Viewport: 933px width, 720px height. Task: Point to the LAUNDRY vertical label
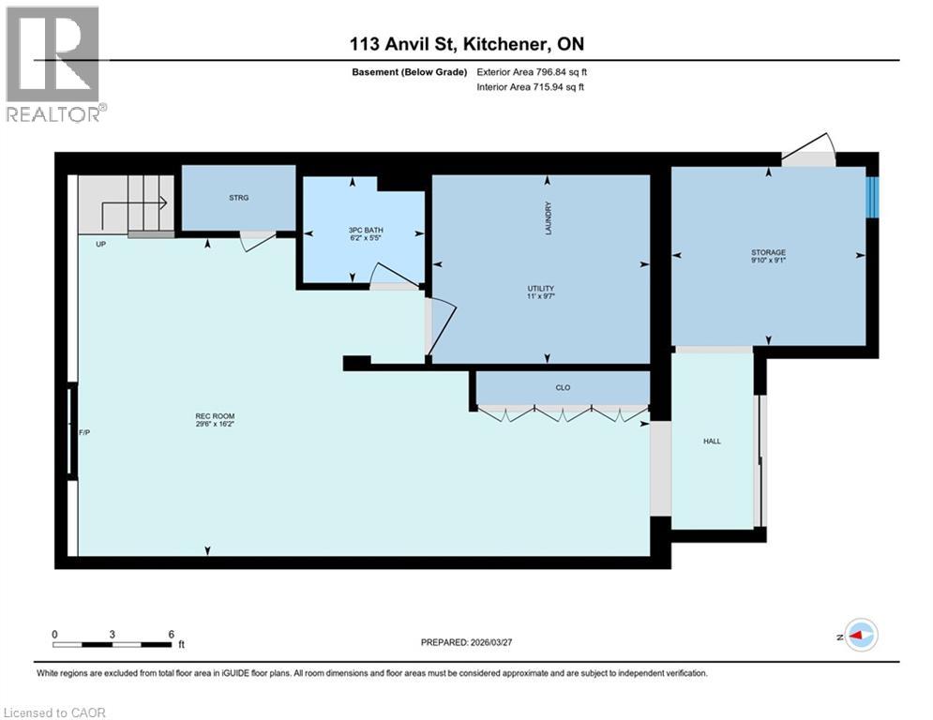(x=549, y=218)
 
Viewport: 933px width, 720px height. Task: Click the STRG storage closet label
(x=237, y=198)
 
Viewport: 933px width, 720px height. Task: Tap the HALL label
(x=712, y=441)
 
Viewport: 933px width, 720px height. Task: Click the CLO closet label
(x=563, y=387)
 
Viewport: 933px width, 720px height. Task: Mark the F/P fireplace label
(x=84, y=432)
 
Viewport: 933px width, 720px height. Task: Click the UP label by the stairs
(x=101, y=244)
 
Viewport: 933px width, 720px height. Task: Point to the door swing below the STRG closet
(x=255, y=242)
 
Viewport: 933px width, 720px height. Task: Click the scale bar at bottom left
(x=113, y=644)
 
